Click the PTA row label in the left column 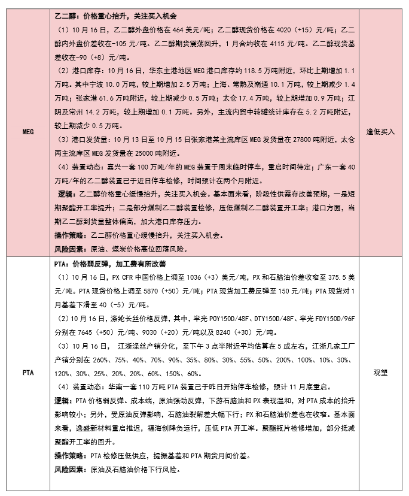tap(26, 373)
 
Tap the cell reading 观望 tap(380, 373)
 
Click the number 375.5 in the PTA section tap(328, 278)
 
